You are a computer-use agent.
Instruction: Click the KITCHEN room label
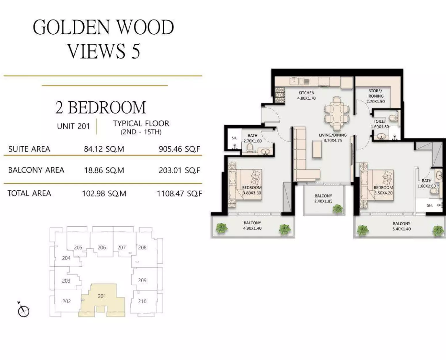coord(306,95)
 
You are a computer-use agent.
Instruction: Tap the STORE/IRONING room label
coord(376,96)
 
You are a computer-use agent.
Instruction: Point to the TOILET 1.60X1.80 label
coord(380,124)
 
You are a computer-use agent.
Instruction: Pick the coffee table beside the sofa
coord(317,149)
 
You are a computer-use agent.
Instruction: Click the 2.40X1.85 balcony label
coord(323,198)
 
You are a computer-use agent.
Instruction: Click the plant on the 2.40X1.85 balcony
coord(338,209)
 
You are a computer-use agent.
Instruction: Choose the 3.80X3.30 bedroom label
coord(252,190)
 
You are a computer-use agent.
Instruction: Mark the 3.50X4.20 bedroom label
coord(383,190)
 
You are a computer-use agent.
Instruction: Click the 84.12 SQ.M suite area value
coord(104,149)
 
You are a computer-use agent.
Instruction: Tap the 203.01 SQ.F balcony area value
coord(179,170)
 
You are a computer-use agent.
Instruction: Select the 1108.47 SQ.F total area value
coord(180,194)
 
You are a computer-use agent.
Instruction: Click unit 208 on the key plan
coord(142,247)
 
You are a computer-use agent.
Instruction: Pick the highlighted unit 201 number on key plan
coord(102,296)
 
